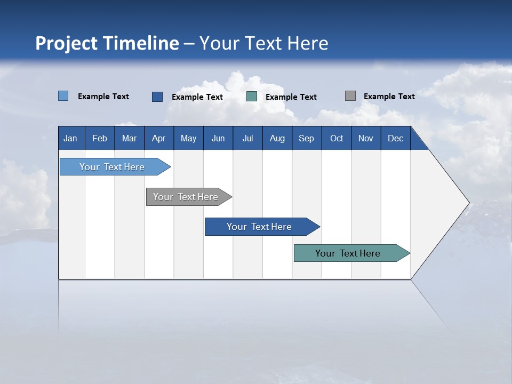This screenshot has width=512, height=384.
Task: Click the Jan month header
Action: tap(70, 138)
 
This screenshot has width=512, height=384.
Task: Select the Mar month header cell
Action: tap(129, 138)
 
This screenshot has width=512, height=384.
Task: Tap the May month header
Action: tap(188, 138)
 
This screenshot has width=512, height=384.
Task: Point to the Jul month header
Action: tap(247, 138)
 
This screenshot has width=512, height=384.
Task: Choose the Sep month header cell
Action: tap(306, 138)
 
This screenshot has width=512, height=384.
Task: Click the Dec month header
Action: tap(395, 138)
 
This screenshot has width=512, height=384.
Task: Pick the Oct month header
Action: tap(337, 138)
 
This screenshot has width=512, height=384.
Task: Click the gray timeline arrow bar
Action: tap(187, 197)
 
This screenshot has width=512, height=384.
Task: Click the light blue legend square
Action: tap(63, 96)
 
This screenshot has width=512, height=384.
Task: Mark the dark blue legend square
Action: tap(157, 97)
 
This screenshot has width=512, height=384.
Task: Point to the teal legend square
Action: tap(252, 97)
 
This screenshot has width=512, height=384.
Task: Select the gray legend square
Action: tap(350, 96)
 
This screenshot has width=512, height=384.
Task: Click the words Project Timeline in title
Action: tap(107, 43)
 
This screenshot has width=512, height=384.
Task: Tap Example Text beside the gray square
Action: tap(389, 97)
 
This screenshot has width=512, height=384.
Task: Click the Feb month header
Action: tap(100, 138)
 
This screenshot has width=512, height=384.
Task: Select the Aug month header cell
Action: tap(277, 138)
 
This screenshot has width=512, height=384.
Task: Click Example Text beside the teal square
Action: tap(291, 97)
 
